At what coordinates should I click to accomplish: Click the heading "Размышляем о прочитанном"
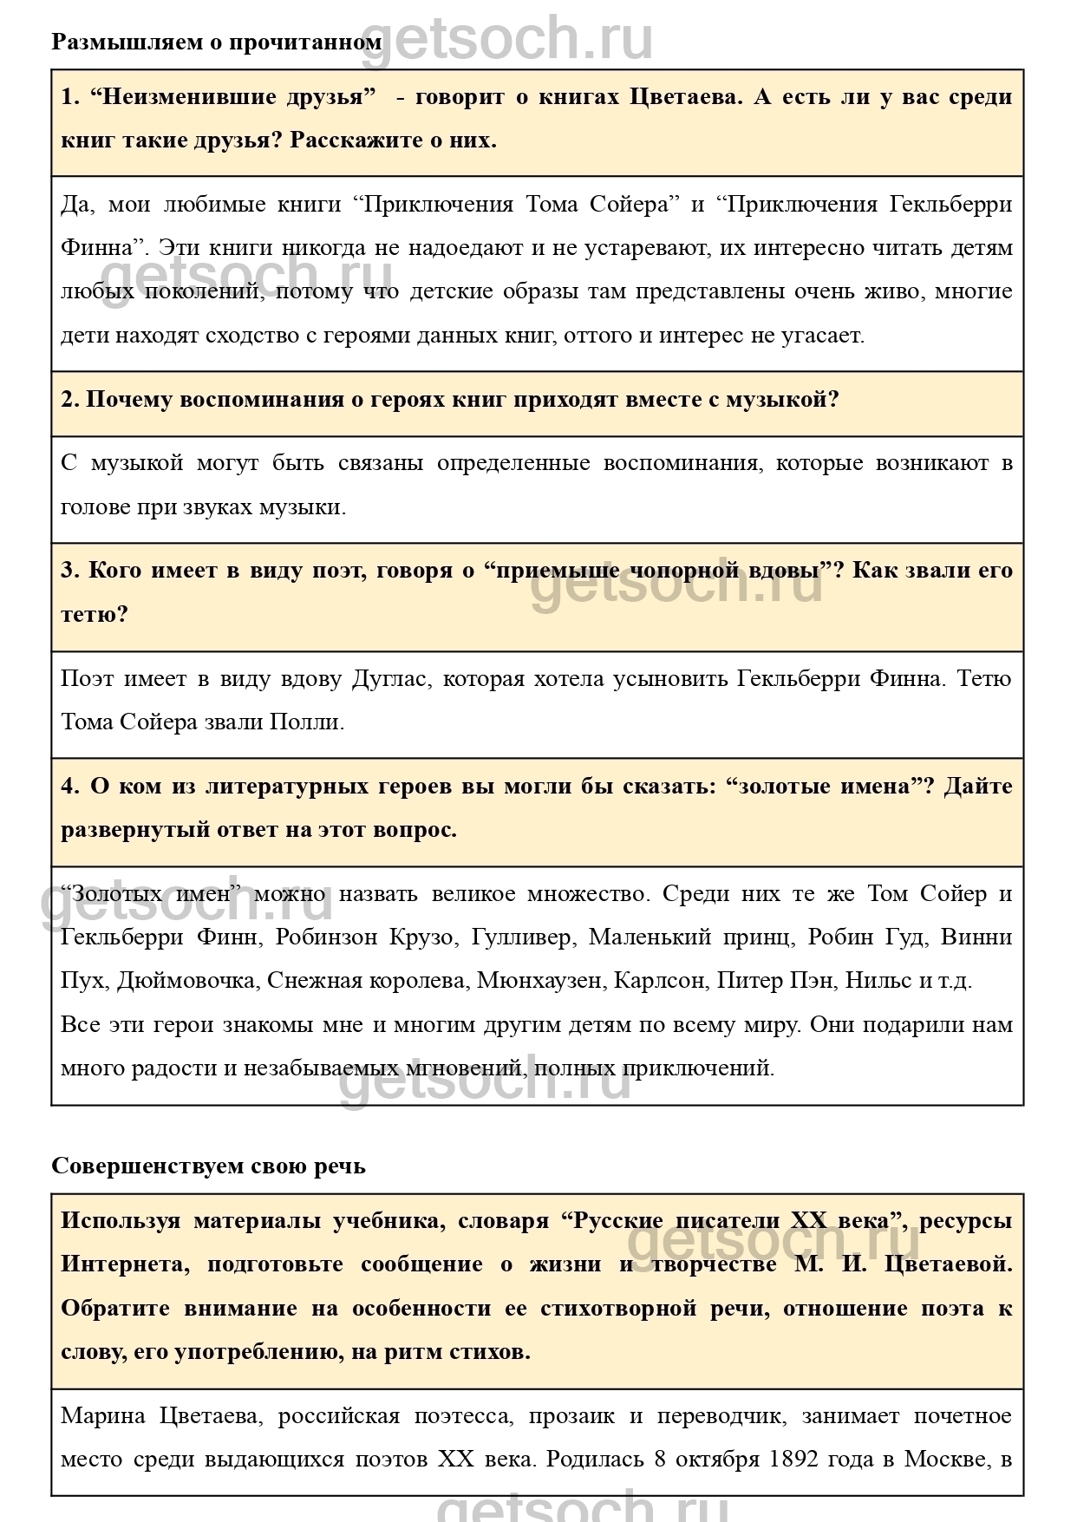pos(216,42)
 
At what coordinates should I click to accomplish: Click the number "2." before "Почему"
pos(70,400)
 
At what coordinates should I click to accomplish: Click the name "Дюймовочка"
pos(186,980)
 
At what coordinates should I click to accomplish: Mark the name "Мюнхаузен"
pos(539,980)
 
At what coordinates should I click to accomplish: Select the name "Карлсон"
pos(659,980)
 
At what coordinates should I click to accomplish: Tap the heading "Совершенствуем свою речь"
pos(208,1166)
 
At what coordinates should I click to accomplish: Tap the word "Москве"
pos(947,1460)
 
